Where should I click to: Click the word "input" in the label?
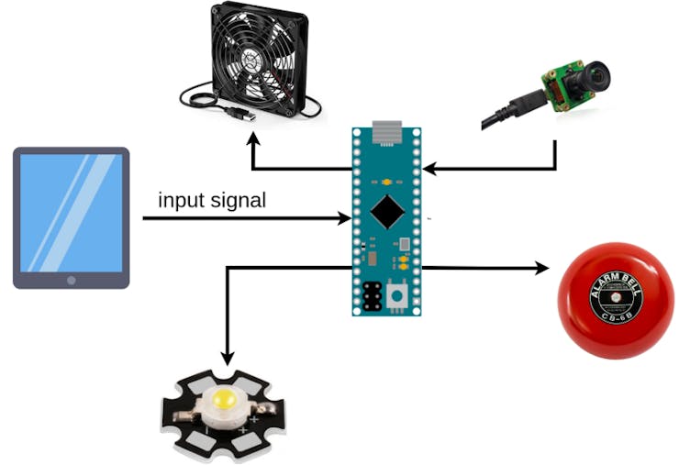(179, 201)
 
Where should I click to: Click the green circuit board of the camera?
(562, 85)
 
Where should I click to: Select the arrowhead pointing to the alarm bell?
(542, 268)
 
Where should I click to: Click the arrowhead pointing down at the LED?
(227, 357)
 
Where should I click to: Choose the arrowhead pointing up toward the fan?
(253, 143)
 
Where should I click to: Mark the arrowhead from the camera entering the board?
(429, 169)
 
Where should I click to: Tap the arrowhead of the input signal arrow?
(345, 218)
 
